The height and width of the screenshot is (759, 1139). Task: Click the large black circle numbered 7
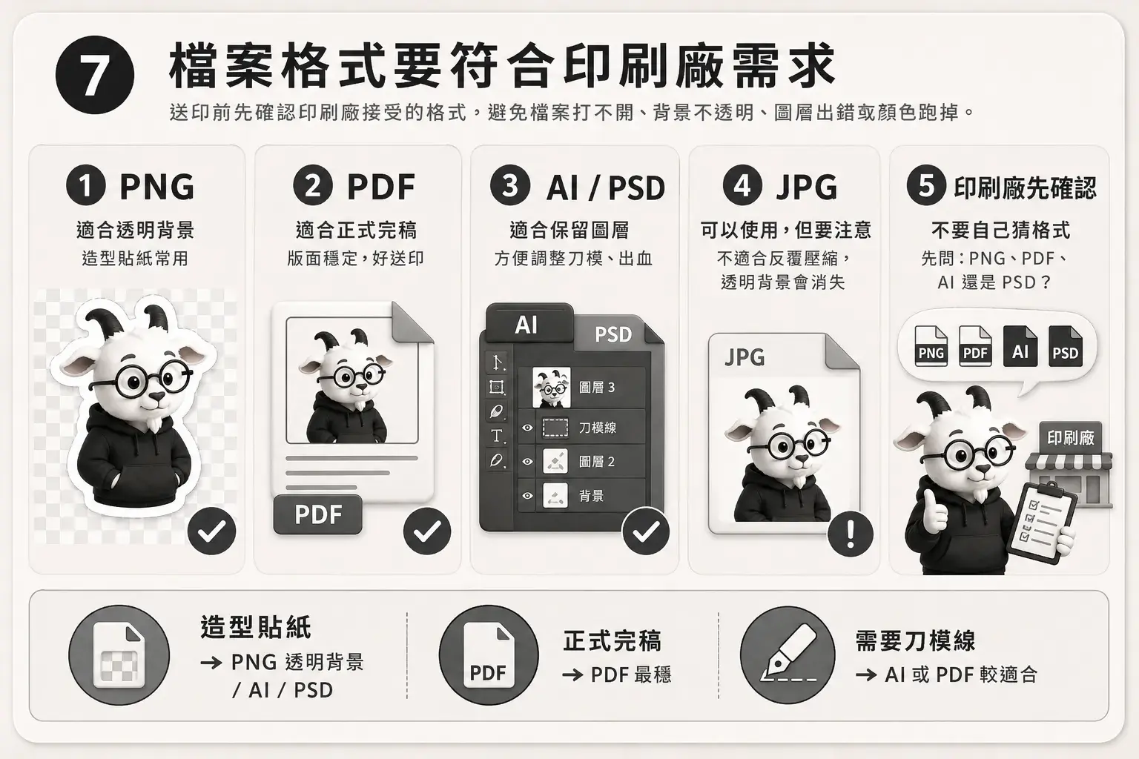pyautogui.click(x=95, y=76)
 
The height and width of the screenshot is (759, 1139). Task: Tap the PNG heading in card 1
pyautogui.click(x=156, y=187)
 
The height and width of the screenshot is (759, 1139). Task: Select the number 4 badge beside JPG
pyautogui.click(x=742, y=185)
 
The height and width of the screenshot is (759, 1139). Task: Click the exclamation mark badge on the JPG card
pyautogui.click(x=851, y=534)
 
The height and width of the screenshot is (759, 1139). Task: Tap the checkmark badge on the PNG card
pyautogui.click(x=211, y=531)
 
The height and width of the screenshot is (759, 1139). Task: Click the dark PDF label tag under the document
pyautogui.click(x=318, y=514)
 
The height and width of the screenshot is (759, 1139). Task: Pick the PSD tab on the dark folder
pyautogui.click(x=613, y=334)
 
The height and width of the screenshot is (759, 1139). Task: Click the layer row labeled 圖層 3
pyautogui.click(x=581, y=388)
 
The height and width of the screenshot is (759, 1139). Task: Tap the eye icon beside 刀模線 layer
pyautogui.click(x=527, y=428)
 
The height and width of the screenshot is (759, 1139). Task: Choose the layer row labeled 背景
pyautogui.click(x=581, y=496)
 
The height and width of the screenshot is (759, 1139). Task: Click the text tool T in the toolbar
pyautogui.click(x=497, y=436)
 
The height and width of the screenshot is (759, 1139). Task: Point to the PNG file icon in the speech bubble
pyautogui.click(x=931, y=346)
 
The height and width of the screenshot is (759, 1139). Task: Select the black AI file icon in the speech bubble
pyautogui.click(x=1020, y=346)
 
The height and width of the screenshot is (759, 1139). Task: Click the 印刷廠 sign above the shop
pyautogui.click(x=1070, y=437)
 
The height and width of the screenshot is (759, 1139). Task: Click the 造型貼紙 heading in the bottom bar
pyautogui.click(x=255, y=627)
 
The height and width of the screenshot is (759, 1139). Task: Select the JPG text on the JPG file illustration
pyautogui.click(x=745, y=357)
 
